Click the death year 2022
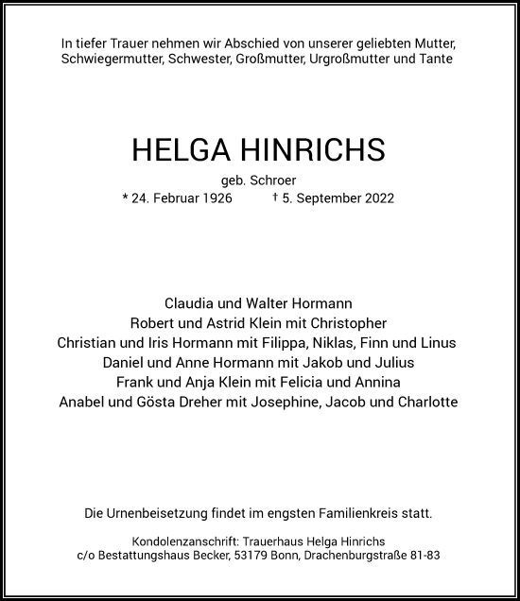[376, 198]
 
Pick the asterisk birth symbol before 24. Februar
[125, 197]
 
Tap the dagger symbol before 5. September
[274, 197]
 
